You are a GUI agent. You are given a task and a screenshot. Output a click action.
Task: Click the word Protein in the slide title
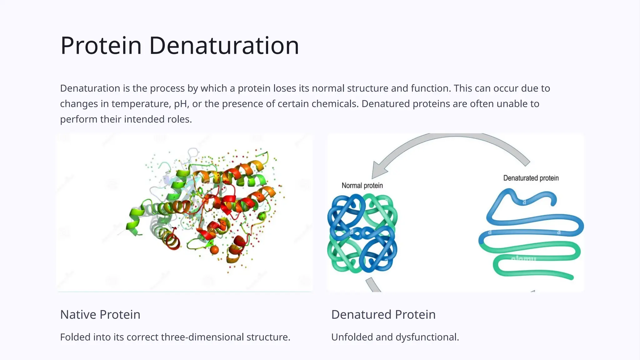[101, 46]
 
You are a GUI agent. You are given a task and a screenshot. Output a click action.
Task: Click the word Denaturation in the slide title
[224, 46]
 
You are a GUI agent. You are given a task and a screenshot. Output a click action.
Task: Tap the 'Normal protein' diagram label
[362, 186]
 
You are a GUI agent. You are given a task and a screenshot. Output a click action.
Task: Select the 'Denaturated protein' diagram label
[531, 178]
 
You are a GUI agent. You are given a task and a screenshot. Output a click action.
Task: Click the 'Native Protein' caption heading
[100, 314]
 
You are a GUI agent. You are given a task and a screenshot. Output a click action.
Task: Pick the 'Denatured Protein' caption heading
[383, 314]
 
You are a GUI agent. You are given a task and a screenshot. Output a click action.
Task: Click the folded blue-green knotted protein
[362, 233]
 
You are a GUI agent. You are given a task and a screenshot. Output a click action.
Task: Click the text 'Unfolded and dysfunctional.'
[395, 337]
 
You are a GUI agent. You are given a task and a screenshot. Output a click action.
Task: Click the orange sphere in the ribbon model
[214, 250]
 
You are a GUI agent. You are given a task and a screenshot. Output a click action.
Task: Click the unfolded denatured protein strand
[531, 237]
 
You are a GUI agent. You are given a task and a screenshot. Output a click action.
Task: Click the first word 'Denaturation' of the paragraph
[90, 88]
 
